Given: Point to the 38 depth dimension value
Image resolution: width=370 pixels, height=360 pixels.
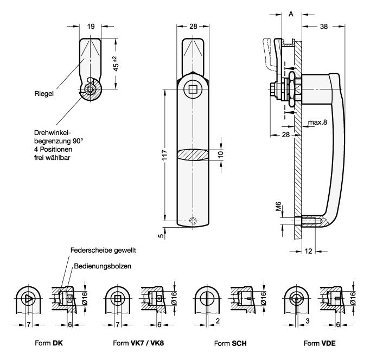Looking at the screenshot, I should (323, 25).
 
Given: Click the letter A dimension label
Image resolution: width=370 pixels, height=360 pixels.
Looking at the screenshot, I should (291, 14).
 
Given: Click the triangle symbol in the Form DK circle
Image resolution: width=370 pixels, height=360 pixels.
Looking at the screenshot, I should (29, 298).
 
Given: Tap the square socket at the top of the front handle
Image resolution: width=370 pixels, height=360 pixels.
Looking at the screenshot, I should (193, 89).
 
